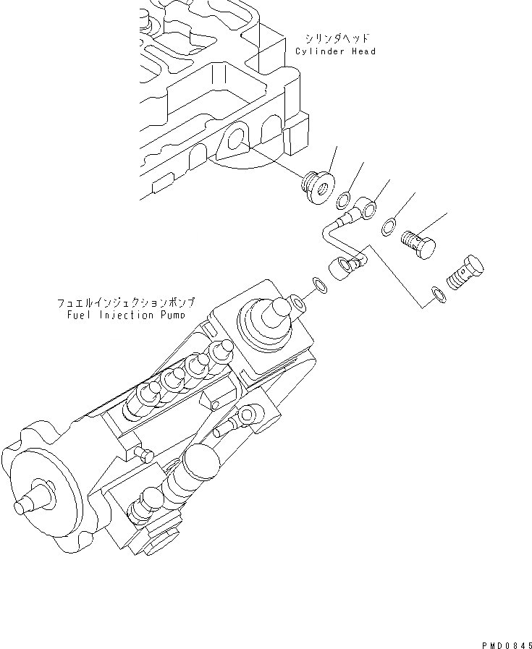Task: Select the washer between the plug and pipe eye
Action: (x=345, y=198)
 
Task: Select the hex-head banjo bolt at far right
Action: (x=465, y=272)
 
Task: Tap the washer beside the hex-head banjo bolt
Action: (x=436, y=292)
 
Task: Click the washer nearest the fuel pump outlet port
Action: (x=319, y=284)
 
